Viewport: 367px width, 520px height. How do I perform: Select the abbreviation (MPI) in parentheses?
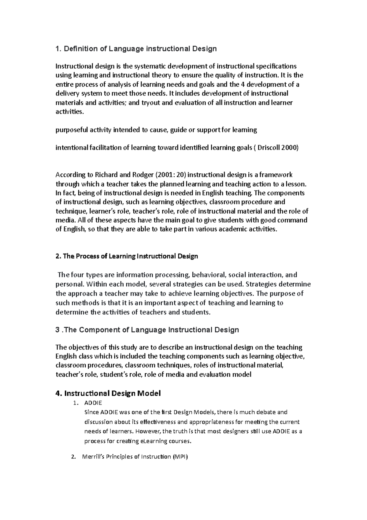pos(180,457)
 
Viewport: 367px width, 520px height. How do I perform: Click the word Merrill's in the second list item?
pos(93,457)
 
